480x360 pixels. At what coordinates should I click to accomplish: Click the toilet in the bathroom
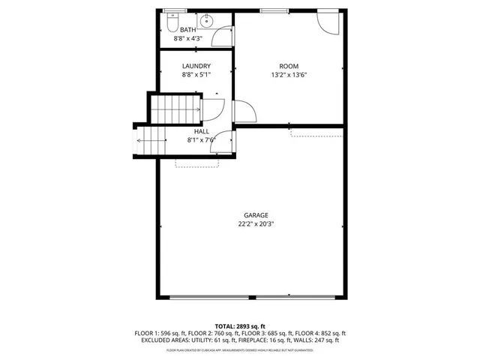tap(173, 18)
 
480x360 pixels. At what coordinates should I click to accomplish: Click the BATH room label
tap(189, 30)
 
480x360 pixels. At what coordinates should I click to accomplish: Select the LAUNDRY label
tap(196, 66)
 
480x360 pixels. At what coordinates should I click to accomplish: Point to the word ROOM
tap(289, 66)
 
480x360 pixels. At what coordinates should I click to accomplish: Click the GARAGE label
tap(256, 215)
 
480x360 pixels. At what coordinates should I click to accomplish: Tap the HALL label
tap(202, 131)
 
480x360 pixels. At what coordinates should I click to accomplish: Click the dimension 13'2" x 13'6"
tap(289, 75)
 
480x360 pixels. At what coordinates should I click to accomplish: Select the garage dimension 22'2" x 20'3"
tap(256, 224)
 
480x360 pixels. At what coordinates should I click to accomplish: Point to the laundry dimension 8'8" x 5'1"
tap(196, 75)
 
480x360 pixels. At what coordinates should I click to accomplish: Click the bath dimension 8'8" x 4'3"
tap(189, 38)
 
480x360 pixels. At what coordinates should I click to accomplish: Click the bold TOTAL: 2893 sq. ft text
tap(241, 325)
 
